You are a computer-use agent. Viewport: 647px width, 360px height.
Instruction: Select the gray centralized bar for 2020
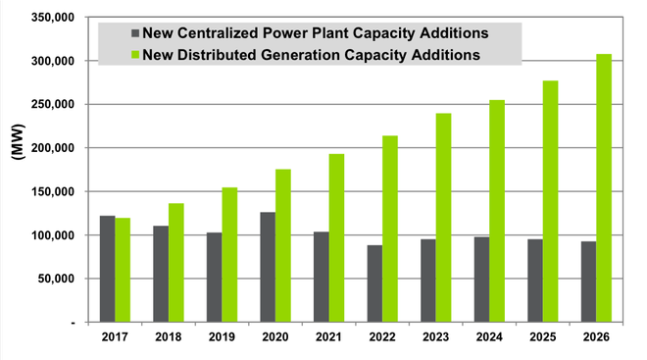click(x=268, y=267)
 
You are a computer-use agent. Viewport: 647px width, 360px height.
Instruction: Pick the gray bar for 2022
click(x=374, y=283)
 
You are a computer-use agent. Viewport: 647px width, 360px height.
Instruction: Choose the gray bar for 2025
click(x=535, y=281)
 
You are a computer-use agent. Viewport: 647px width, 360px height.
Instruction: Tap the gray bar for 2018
click(x=161, y=274)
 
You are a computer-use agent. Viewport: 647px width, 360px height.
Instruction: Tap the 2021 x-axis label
click(x=328, y=338)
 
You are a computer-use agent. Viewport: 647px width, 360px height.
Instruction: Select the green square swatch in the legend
click(x=134, y=55)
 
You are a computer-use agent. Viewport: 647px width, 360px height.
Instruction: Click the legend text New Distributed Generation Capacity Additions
click(x=311, y=55)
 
